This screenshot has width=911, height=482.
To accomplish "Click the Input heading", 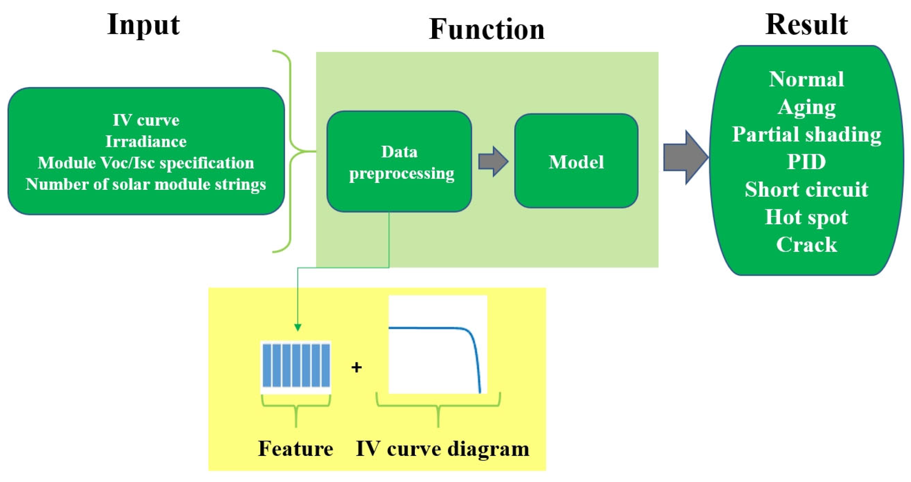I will click(144, 25).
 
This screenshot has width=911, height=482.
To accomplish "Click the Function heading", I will click(487, 29).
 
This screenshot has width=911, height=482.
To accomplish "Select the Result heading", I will click(806, 25).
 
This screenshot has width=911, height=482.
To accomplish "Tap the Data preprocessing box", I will click(399, 162).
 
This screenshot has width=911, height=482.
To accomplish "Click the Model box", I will click(576, 161).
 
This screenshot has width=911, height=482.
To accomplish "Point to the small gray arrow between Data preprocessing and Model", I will click(493, 161).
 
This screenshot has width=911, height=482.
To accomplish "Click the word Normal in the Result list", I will click(806, 79).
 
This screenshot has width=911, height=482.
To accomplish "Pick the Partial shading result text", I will click(806, 135).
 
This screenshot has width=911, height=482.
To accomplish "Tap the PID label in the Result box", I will click(806, 162).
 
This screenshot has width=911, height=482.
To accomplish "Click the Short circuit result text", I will click(806, 189).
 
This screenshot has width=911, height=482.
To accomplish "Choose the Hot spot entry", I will click(806, 217).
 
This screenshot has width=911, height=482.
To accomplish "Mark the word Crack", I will click(806, 245).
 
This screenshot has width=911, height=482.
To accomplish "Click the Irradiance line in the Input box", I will click(146, 141).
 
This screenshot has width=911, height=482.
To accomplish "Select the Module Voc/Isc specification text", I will click(146, 163).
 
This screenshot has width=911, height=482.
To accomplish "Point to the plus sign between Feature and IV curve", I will click(356, 367).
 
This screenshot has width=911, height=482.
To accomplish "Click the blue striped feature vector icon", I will click(295, 366).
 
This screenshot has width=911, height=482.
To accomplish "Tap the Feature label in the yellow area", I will click(295, 448).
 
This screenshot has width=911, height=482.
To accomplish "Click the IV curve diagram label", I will click(442, 448).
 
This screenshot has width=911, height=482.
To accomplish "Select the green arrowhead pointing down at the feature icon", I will click(297, 327).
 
